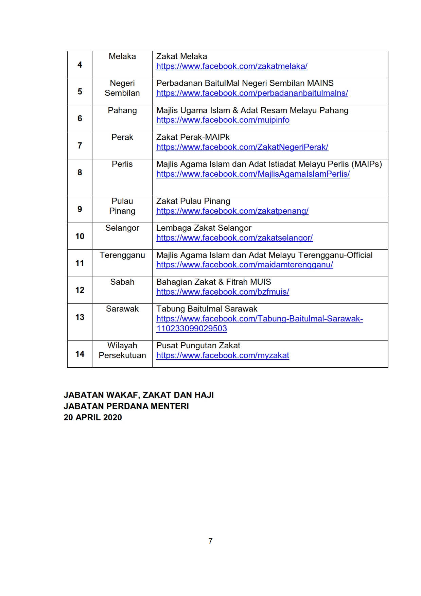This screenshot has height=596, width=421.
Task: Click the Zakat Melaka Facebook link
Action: click(232, 66)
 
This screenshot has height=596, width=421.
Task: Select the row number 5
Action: click(80, 91)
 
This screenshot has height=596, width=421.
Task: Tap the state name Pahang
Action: click(122, 110)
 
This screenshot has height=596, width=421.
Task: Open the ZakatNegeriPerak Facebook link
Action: click(242, 147)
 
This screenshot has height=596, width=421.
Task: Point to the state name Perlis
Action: click(122, 164)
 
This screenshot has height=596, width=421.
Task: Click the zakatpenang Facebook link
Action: click(232, 211)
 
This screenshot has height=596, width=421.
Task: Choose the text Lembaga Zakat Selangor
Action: click(204, 228)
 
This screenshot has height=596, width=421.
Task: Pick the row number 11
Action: click(80, 263)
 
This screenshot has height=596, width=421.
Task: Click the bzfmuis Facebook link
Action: click(223, 292)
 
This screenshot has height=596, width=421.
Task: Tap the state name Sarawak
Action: click(122, 309)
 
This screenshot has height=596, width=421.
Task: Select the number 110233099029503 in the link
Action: click(192, 329)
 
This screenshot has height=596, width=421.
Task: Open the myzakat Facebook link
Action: click(223, 355)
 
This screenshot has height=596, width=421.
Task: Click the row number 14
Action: click(80, 354)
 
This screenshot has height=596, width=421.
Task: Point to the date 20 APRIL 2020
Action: click(93, 418)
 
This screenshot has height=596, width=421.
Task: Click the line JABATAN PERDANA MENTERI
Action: click(126, 406)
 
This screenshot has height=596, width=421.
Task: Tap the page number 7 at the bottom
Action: click(211, 541)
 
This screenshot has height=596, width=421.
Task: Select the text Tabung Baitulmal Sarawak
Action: click(207, 309)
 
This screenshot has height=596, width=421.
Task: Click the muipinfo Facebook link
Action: click(223, 120)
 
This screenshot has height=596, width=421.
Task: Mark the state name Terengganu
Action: click(122, 255)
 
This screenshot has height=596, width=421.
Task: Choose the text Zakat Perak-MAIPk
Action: click(193, 137)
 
